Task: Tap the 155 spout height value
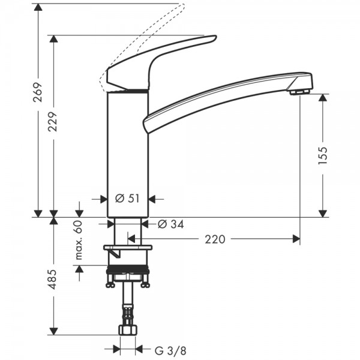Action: [x=323, y=155]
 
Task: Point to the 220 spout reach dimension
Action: [x=215, y=239]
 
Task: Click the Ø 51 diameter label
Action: [x=127, y=198]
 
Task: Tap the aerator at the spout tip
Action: [x=298, y=92]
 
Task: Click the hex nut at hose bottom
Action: [x=128, y=331]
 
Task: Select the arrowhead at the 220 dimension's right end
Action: [x=296, y=239]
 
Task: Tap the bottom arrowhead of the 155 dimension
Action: [x=323, y=212]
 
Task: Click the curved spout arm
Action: [x=228, y=96]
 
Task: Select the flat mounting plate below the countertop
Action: [x=128, y=247]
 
